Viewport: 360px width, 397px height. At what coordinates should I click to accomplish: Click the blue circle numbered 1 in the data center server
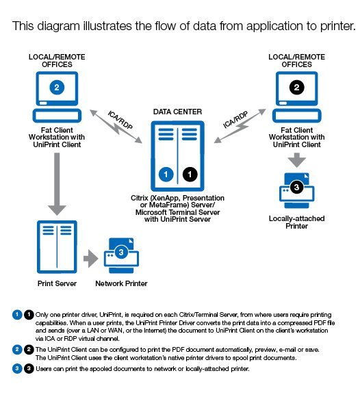[x=166, y=174]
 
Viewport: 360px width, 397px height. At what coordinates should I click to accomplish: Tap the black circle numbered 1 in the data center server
[x=190, y=174]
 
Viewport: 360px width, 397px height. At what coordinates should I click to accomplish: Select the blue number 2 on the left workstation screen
[x=57, y=88]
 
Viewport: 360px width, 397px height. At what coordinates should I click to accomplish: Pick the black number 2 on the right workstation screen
[x=297, y=88]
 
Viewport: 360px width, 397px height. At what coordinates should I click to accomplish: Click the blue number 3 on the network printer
[x=121, y=252]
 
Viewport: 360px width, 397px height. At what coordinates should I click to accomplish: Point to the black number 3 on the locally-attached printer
[x=296, y=187]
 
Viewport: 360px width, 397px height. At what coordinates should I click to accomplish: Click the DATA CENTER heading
[x=177, y=112]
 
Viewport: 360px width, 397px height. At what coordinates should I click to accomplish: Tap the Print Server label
[x=57, y=283]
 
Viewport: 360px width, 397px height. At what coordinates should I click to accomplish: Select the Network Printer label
[x=121, y=283]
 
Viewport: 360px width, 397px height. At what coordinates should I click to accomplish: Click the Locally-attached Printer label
[x=297, y=222]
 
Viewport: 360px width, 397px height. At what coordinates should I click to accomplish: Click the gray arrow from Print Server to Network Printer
[x=91, y=259]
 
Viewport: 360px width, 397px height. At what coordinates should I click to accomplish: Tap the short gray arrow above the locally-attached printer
[x=297, y=160]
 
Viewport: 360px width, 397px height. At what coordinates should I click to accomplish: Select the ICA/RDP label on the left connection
[x=120, y=120]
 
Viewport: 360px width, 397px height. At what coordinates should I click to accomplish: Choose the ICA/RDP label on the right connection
[x=235, y=120]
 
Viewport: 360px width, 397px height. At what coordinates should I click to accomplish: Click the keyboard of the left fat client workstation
[x=57, y=116]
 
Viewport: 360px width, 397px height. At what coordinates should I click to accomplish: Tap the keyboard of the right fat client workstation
[x=297, y=116]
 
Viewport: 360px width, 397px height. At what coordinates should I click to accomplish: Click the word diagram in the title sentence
[x=58, y=26]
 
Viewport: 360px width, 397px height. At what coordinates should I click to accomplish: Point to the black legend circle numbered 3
[x=29, y=368]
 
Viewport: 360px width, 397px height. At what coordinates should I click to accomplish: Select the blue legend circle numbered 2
[x=17, y=349]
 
